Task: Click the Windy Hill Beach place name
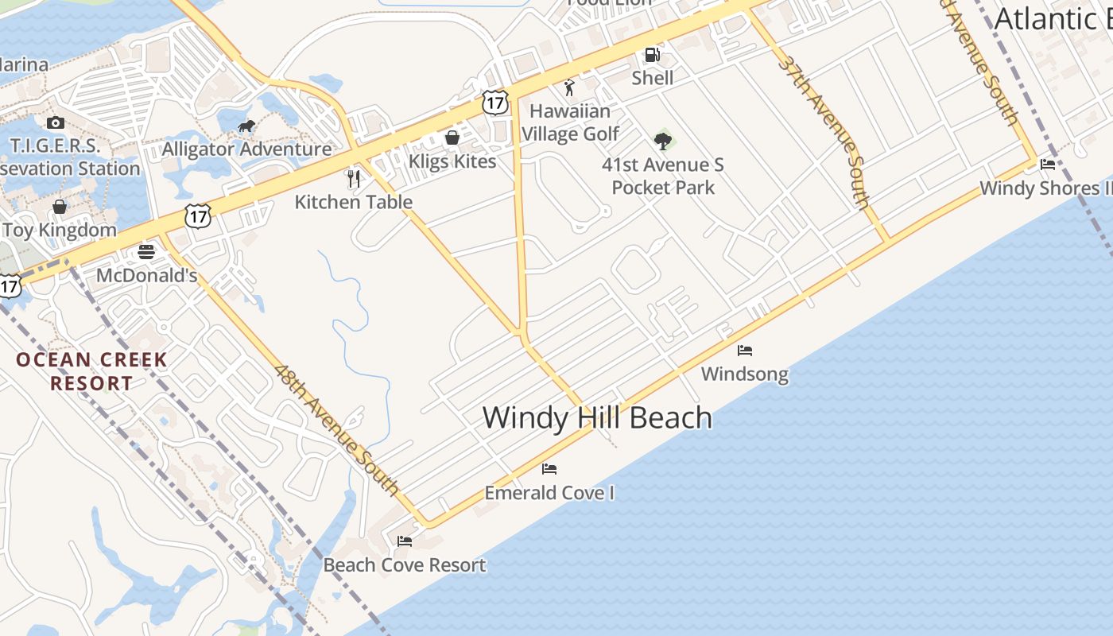[597, 418]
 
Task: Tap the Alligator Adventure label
[246, 149]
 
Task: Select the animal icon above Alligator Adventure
[246, 126]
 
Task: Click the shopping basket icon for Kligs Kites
[452, 138]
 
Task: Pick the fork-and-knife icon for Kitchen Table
[354, 178]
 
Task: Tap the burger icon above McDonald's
[146, 252]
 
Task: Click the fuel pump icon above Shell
[652, 55]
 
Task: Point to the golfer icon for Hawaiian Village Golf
[569, 87]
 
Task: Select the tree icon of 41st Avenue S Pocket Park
[662, 142]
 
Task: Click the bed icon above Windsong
[745, 351]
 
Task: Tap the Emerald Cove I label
[549, 493]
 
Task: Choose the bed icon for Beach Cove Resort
[405, 541]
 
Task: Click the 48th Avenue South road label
[337, 430]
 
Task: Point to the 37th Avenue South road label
[824, 131]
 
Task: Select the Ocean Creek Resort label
[91, 371]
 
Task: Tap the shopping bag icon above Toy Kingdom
[60, 207]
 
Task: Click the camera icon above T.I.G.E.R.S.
[55, 122]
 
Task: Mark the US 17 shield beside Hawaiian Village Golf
[494, 102]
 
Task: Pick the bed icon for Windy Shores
[1048, 165]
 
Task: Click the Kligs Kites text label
[452, 161]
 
